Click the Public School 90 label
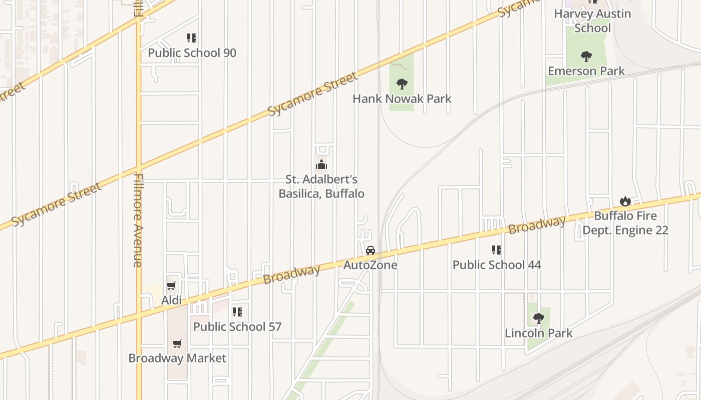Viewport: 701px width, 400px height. tap(192, 53)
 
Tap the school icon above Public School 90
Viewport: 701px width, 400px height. tap(192, 38)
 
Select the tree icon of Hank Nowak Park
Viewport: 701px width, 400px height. tap(402, 83)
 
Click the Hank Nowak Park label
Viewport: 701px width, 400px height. tap(402, 98)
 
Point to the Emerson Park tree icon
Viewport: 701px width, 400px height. tap(586, 56)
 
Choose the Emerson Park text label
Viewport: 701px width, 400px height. tap(586, 71)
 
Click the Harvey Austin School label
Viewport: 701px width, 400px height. tap(592, 20)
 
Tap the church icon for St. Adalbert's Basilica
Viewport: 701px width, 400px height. tap(321, 164)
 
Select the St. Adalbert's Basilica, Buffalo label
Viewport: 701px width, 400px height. tap(321, 186)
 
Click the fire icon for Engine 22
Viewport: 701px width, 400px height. tap(625, 201)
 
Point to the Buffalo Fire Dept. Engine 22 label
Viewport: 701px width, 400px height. tap(625, 223)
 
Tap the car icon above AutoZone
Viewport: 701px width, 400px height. tap(370, 250)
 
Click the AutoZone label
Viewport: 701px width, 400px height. tap(370, 265)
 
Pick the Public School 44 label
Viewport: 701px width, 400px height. tap(497, 264)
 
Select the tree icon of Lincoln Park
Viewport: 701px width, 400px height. tap(538, 318)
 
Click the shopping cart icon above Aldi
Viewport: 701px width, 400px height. tap(171, 286)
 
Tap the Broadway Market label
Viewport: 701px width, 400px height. tap(177, 358)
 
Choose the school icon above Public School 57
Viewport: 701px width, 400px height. tap(237, 312)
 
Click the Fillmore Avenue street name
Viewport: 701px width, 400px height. tap(139, 220)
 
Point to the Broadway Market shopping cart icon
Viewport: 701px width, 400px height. tap(177, 343)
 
